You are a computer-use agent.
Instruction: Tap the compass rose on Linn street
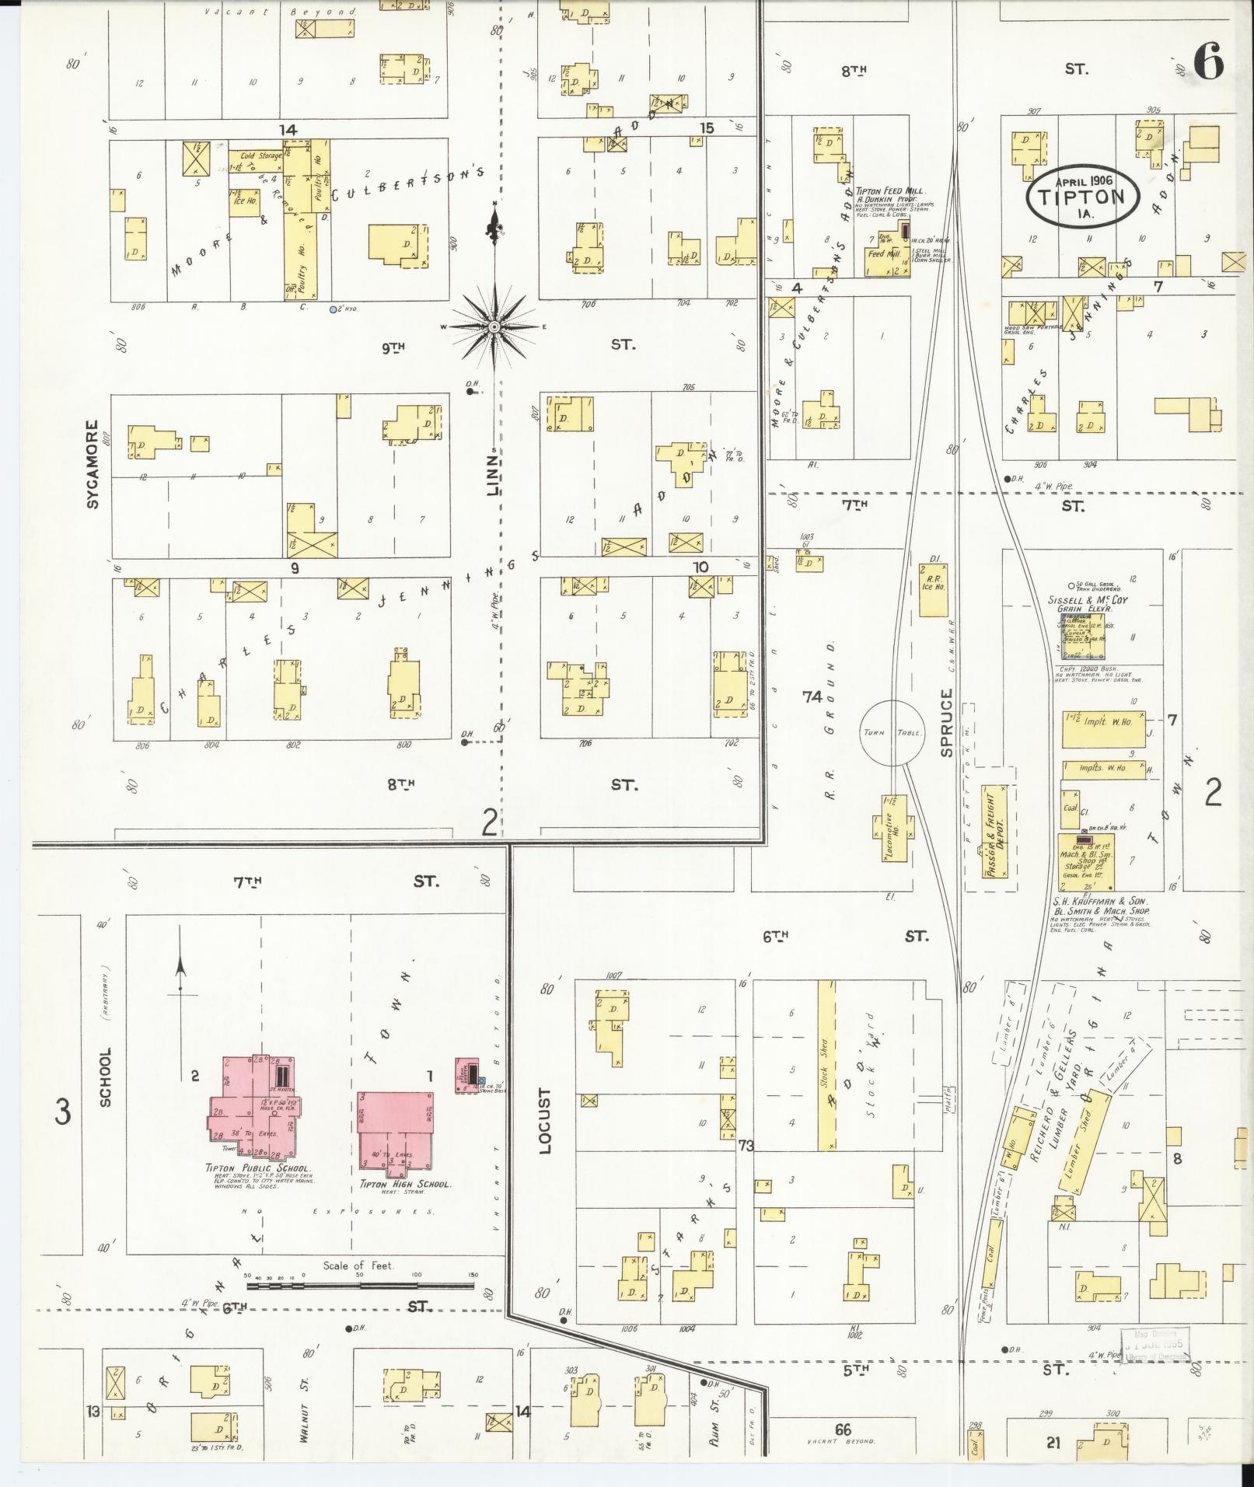494,327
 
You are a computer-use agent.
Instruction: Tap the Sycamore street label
93,465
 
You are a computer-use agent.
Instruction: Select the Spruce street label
946,722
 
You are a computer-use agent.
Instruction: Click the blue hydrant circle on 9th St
333,309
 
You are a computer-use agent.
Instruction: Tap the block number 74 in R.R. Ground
812,697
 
